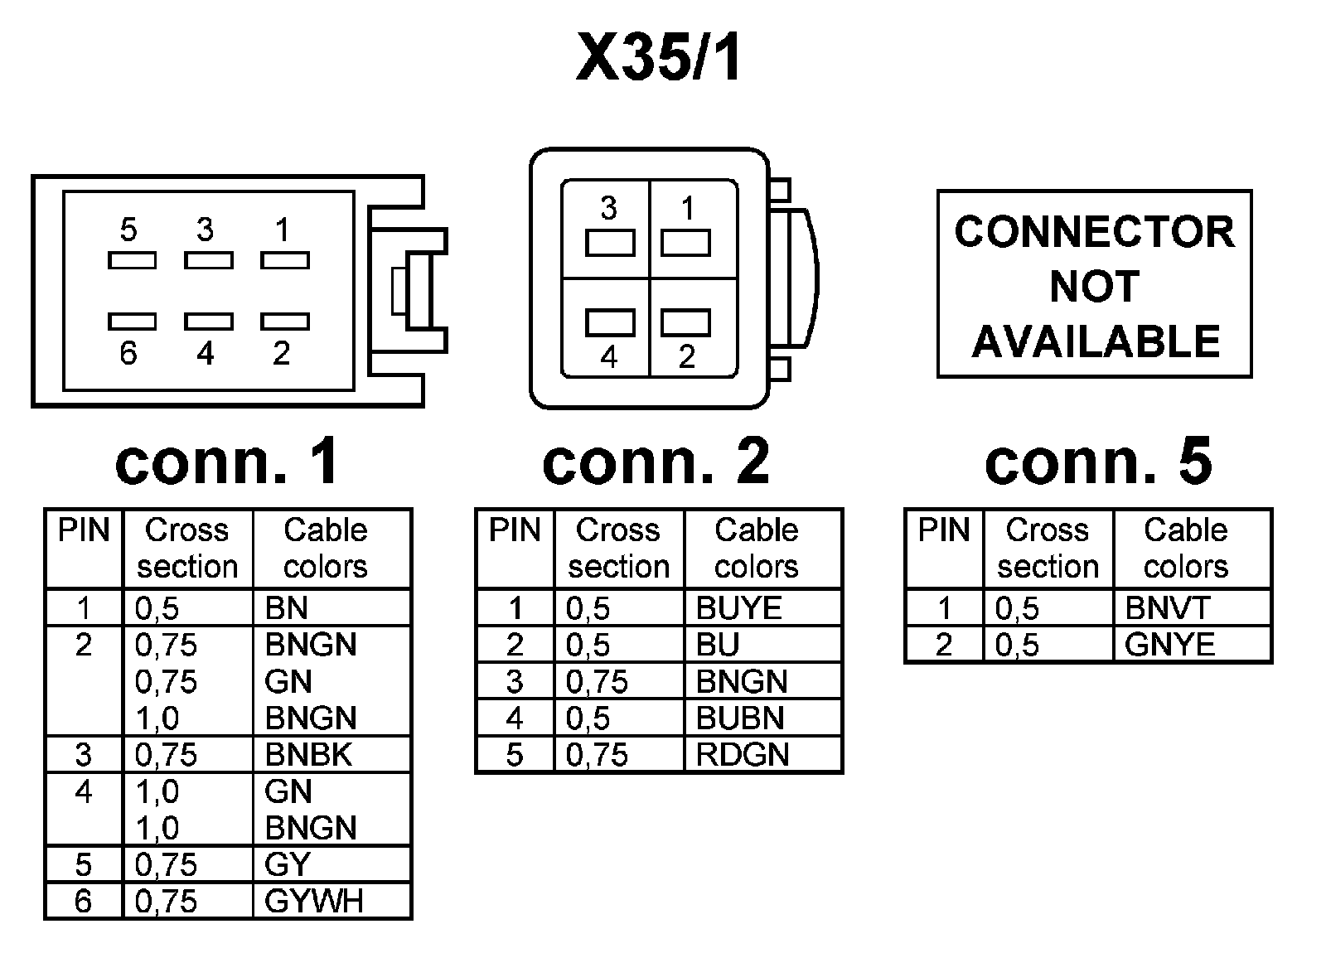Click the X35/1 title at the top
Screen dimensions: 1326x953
(658, 57)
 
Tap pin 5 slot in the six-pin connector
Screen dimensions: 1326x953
(132, 260)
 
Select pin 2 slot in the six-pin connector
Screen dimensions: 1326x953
(285, 322)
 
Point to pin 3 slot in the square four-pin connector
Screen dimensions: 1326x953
(610, 244)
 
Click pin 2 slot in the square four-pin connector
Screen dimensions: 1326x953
(685, 322)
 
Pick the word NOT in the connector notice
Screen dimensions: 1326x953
(1095, 287)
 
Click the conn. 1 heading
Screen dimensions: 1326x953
(228, 461)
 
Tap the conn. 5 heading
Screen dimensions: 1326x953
(1099, 461)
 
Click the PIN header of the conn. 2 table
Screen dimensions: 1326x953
(515, 530)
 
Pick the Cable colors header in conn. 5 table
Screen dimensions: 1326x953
(1186, 548)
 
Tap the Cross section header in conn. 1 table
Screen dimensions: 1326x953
(187, 548)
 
